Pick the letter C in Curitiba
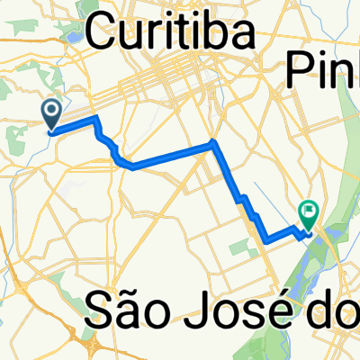click(103, 35)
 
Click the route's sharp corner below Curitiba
click(212, 142)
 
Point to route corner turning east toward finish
click(266, 239)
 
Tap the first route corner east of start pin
click(94, 120)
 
